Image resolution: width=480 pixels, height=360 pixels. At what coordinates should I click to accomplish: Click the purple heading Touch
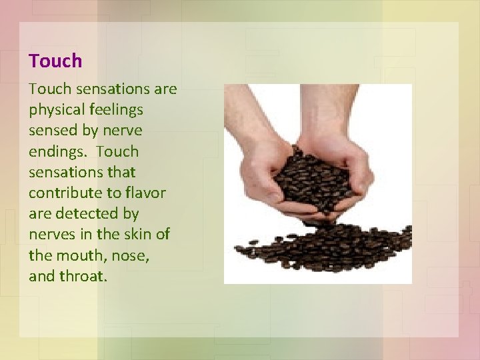tap(55, 61)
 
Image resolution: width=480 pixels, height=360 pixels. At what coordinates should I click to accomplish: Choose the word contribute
tap(63, 193)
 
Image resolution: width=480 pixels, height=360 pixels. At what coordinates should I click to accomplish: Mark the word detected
tap(95, 214)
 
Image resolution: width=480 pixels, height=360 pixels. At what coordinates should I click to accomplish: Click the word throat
tap(83, 276)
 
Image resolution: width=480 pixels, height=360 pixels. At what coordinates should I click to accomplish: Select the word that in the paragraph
tap(121, 173)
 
